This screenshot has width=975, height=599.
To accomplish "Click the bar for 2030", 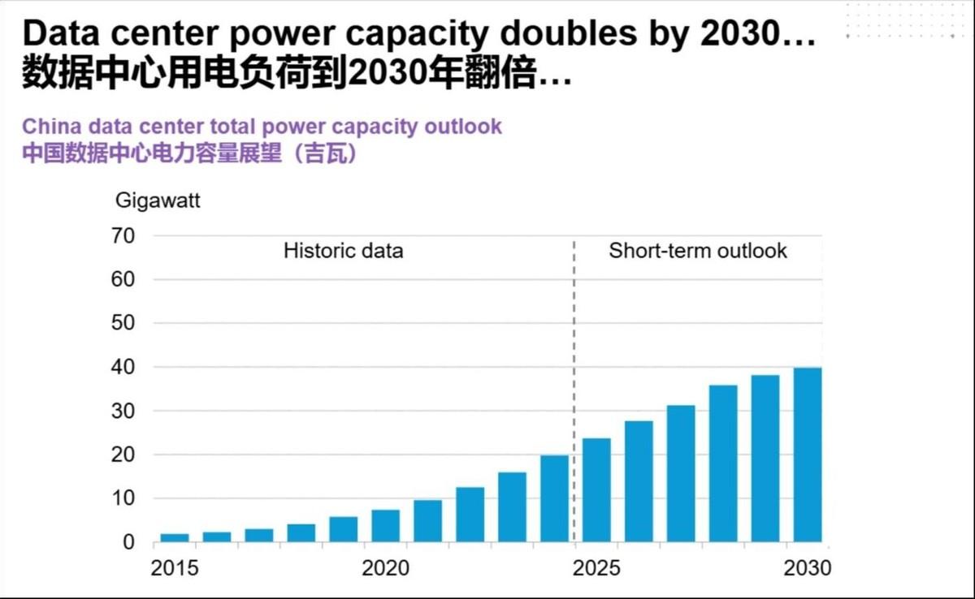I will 807,455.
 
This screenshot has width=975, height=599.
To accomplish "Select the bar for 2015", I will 175,537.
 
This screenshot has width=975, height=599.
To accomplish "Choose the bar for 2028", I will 723,463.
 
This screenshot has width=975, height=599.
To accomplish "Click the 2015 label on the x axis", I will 175,567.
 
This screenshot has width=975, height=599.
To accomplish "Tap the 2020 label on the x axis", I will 386,567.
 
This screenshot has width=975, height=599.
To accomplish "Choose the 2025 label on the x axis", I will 596,567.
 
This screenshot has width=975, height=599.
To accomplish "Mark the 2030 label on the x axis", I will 807,567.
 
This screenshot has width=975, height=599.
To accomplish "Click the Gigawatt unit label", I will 157,200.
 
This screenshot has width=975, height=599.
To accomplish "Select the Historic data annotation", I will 343,250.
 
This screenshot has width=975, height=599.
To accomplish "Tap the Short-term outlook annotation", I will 698,250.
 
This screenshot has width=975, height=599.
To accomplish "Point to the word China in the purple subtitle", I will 50,127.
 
